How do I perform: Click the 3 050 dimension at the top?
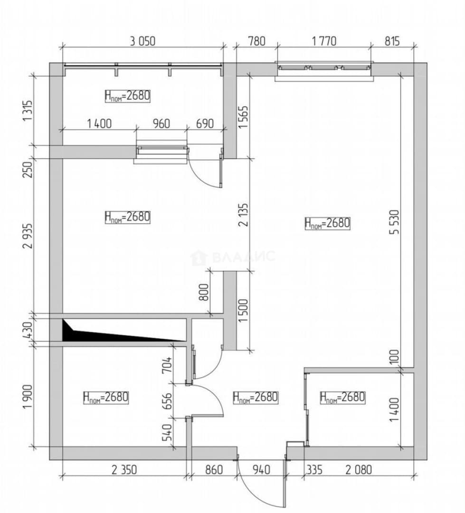[x=142, y=41]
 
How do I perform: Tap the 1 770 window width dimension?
[x=324, y=41]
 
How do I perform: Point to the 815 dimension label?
[x=392, y=41]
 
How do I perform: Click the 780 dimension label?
[x=257, y=41]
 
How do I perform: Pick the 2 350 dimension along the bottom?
[x=124, y=470]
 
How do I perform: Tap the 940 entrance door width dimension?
[x=261, y=470]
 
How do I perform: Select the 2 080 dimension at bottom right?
[x=359, y=470]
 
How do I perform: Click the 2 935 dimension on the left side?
[x=28, y=236]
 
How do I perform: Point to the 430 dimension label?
[x=28, y=330]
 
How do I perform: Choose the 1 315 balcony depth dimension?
[x=28, y=110]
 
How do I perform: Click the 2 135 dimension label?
[x=244, y=215]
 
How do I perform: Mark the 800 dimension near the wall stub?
[x=204, y=292]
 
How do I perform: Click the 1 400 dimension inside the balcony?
[x=99, y=123]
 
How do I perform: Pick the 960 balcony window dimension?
[x=161, y=123]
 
